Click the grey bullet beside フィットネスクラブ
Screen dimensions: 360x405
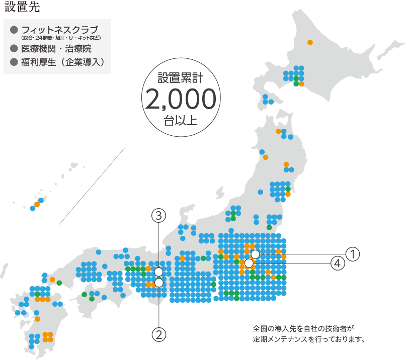[14, 30]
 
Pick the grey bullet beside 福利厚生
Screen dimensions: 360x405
[14, 62]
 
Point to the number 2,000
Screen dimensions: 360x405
[181, 99]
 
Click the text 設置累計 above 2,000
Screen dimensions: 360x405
[181, 78]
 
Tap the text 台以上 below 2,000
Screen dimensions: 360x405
[181, 121]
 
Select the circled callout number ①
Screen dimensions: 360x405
[353, 254]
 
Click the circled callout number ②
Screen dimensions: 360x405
[159, 333]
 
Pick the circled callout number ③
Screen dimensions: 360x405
[159, 216]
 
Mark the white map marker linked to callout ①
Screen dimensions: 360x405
[255, 254]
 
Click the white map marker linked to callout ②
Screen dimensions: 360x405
[159, 283]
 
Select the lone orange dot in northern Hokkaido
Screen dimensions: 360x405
[310, 42]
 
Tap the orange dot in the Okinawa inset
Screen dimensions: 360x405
[37, 204]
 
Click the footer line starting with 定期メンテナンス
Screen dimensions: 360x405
[308, 339]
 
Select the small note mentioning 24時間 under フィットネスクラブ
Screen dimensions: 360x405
[61, 38]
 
